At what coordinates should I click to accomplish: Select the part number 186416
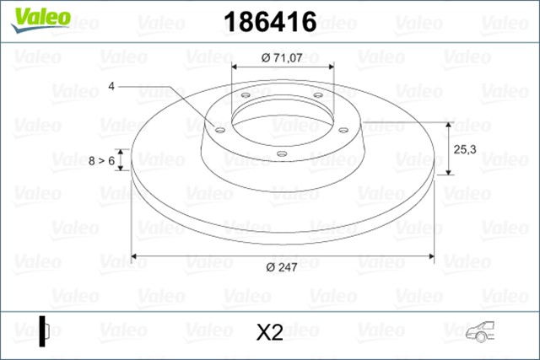pyautogui.click(x=269, y=22)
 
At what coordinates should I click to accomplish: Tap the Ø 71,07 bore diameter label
pyautogui.click(x=282, y=58)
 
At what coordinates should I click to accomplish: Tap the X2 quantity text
pyautogui.click(x=268, y=332)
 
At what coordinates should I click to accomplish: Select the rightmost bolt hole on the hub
pyautogui.click(x=343, y=129)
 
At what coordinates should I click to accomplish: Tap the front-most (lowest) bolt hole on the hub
pyautogui.click(x=282, y=153)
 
